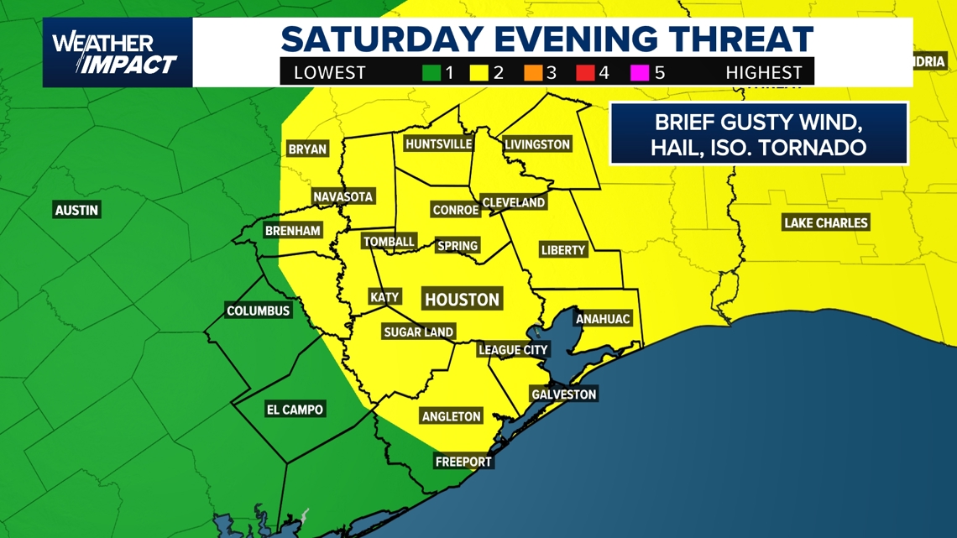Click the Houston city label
(x=462, y=300)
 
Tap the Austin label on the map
(x=76, y=210)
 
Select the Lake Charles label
(x=825, y=222)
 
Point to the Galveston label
(x=563, y=394)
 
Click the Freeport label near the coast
(x=463, y=462)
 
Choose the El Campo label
(x=295, y=410)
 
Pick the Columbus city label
(x=259, y=311)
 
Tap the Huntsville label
(x=438, y=144)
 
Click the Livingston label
(x=537, y=144)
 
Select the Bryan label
(x=307, y=149)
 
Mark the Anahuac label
(x=602, y=319)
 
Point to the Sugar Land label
(x=418, y=332)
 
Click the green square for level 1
(x=431, y=73)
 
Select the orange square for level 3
(x=533, y=73)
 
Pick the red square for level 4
(x=585, y=73)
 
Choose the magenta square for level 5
(x=641, y=73)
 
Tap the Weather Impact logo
(x=117, y=53)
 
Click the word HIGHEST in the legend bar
(x=764, y=73)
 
